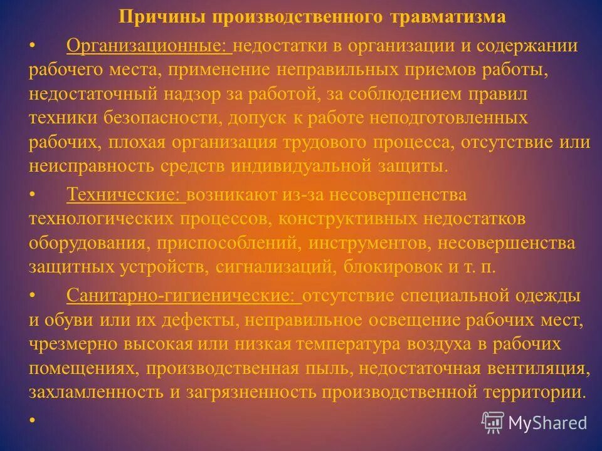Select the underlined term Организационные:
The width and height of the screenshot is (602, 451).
(149, 46)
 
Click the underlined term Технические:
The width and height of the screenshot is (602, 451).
(125, 194)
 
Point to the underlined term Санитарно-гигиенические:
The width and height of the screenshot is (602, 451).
(184, 295)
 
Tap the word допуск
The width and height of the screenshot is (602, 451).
(264, 118)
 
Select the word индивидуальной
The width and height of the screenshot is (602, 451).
(302, 166)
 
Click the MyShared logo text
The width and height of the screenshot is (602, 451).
(547, 423)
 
